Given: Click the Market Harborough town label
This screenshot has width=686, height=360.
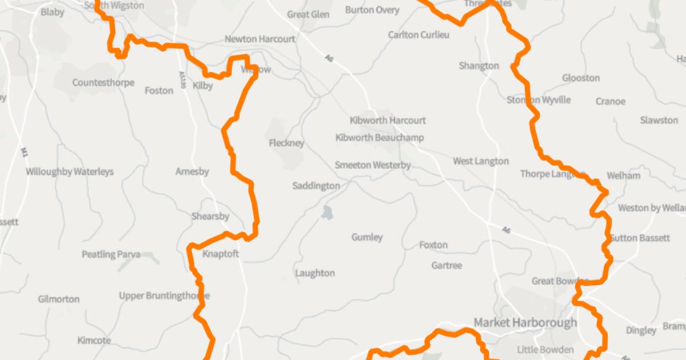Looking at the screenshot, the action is [525, 323].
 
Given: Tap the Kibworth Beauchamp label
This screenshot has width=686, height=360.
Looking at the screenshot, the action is [380, 138].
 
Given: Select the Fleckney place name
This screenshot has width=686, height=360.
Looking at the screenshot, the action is [286, 143].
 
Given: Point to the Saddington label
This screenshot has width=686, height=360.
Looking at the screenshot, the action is [316, 186].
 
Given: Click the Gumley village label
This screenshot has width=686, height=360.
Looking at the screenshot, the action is [367, 237].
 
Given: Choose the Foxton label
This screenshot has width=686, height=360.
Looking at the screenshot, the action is [433, 245].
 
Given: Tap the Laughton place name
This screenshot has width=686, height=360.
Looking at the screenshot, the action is [315, 273].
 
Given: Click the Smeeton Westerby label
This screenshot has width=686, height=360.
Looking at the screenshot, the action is [373, 166].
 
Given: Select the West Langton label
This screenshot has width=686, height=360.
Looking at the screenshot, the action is [480, 161].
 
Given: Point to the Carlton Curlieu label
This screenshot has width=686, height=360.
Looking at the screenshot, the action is [418, 35].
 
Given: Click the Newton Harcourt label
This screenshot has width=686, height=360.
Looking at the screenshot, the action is [260, 39].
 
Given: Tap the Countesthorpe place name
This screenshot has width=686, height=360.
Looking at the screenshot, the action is [103, 83].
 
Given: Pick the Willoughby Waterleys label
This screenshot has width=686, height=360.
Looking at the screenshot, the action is [70, 171].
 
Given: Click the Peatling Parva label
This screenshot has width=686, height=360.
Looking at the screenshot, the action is [111, 254].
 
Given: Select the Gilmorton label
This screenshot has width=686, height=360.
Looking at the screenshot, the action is [59, 299].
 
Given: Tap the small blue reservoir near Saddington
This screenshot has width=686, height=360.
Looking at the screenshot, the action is [327, 213].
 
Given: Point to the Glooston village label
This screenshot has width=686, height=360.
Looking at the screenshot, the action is [581, 78].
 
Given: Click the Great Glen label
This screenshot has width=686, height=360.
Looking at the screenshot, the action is [308, 14].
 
